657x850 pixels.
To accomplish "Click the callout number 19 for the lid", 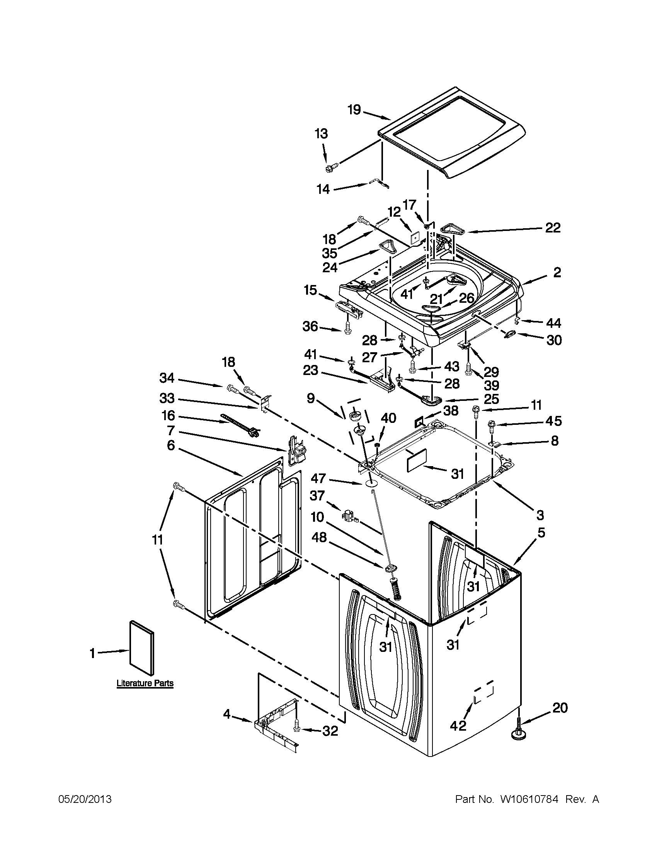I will tap(354, 110).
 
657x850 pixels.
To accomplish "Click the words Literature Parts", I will tap(145, 684).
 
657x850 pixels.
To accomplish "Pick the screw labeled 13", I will tap(330, 168).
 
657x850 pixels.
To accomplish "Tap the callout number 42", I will tap(458, 726).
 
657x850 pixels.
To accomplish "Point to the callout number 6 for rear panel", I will tap(171, 445).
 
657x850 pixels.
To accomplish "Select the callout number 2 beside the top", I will tap(557, 272).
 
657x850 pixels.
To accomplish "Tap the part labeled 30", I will tap(511, 334).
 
